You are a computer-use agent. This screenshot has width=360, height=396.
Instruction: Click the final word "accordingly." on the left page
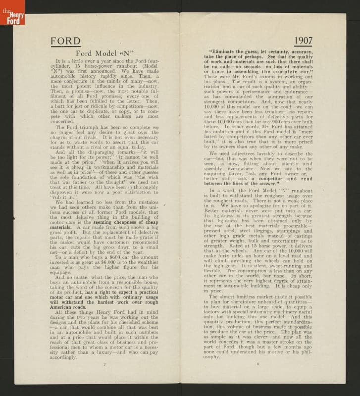(x=63, y=356)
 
